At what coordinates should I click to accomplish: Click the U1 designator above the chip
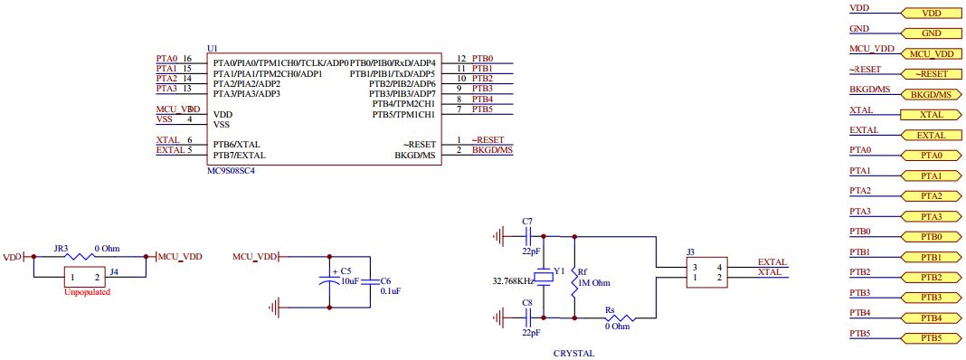pos(213,48)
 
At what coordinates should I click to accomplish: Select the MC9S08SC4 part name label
pos(232,170)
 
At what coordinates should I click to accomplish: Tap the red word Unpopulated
pos(88,293)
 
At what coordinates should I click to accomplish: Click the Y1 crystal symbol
pos(544,276)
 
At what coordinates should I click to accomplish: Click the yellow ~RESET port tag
pos(931,73)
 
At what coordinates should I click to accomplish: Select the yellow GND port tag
pos(931,33)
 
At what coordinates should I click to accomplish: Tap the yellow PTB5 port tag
pos(931,338)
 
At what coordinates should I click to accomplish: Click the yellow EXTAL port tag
pos(931,135)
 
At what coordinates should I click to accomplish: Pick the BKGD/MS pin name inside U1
pos(415,155)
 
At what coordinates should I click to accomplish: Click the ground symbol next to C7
pos(497,237)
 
